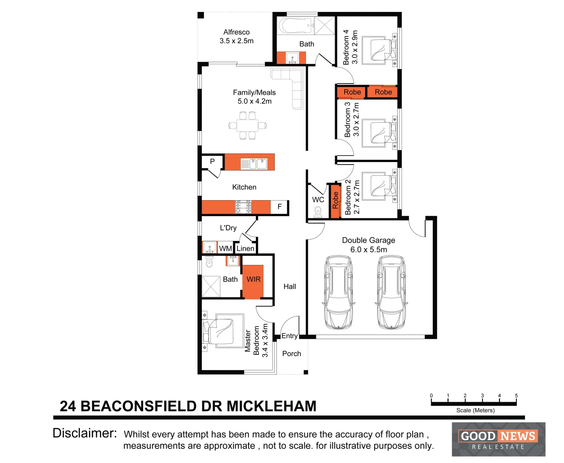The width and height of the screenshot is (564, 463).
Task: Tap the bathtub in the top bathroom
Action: [x=296, y=26]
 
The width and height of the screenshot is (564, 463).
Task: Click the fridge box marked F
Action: [x=279, y=207]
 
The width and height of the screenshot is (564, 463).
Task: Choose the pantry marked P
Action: [x=212, y=162]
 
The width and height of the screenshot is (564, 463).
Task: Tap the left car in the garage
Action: [x=339, y=292]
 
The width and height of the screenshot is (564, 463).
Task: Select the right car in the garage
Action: [x=390, y=292]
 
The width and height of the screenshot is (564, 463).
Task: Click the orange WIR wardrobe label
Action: [x=253, y=280]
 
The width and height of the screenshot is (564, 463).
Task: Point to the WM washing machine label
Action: [x=225, y=249]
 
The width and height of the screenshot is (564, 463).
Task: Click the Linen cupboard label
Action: [x=246, y=249]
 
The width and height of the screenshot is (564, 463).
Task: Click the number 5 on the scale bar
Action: [x=516, y=396]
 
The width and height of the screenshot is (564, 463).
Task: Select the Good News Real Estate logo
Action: [x=498, y=439]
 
